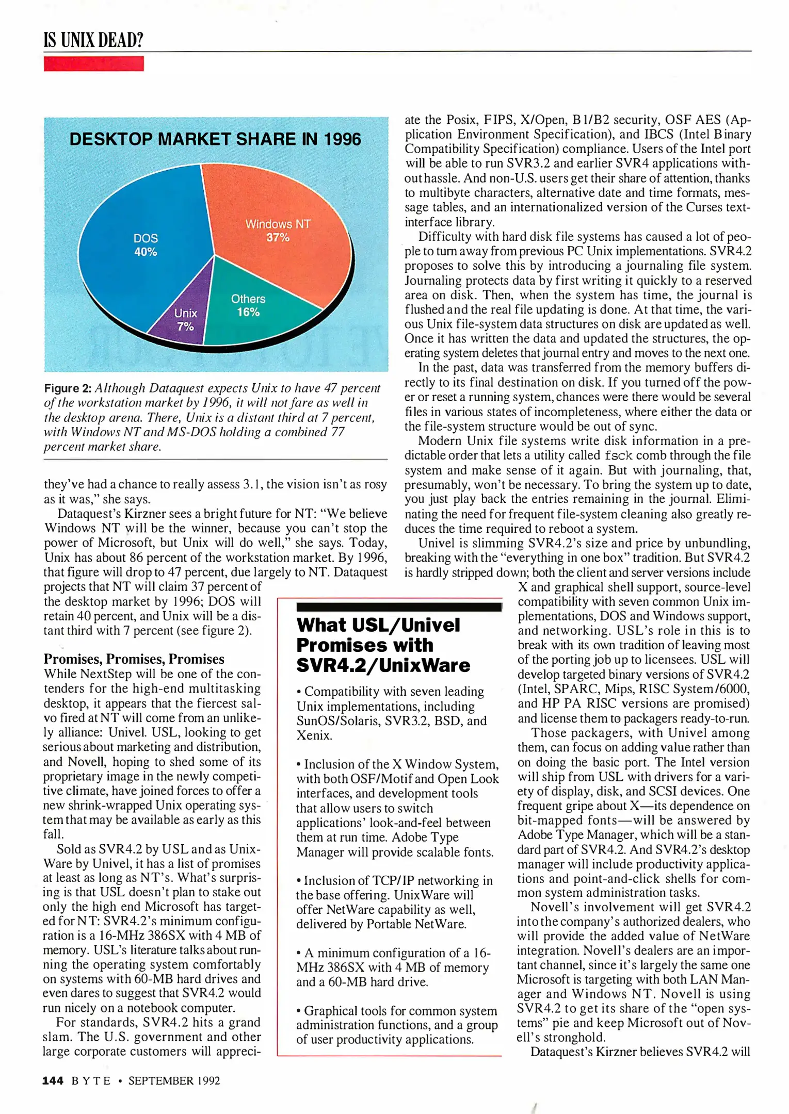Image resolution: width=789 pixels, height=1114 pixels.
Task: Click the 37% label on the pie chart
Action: (x=278, y=238)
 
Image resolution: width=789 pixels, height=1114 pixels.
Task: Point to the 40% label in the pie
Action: (x=146, y=252)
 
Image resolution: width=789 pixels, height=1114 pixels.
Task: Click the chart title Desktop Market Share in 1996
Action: (x=215, y=139)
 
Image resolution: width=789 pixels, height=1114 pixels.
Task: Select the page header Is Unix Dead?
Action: (x=93, y=40)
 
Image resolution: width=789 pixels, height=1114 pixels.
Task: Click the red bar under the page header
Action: (x=93, y=64)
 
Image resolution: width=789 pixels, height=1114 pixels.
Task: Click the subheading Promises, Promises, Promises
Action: (x=134, y=659)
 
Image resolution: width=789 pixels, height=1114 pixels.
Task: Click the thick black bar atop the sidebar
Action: (x=399, y=607)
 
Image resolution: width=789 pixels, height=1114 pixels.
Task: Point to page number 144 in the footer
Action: (x=53, y=1080)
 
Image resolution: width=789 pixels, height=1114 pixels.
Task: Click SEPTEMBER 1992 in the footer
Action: (x=174, y=1080)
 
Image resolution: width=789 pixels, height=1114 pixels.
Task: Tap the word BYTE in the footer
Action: (x=91, y=1080)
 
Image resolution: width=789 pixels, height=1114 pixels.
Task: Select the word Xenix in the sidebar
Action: (x=314, y=735)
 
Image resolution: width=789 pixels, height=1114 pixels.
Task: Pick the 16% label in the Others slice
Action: (x=248, y=313)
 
